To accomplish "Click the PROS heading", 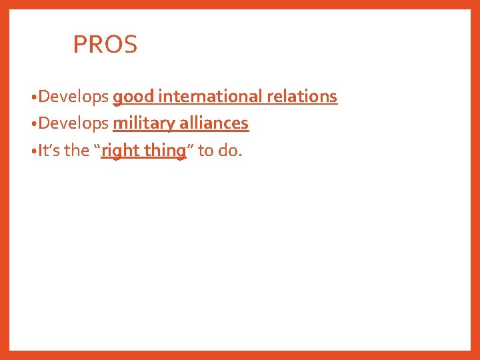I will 105,45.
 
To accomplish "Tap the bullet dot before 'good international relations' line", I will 33,98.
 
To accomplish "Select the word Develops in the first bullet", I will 73,97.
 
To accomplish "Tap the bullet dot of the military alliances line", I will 33,125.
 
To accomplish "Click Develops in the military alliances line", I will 73,124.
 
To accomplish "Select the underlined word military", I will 143,124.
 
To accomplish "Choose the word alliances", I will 213,123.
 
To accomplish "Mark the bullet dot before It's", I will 33,151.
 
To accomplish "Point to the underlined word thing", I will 165,151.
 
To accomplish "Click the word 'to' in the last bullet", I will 206,151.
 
